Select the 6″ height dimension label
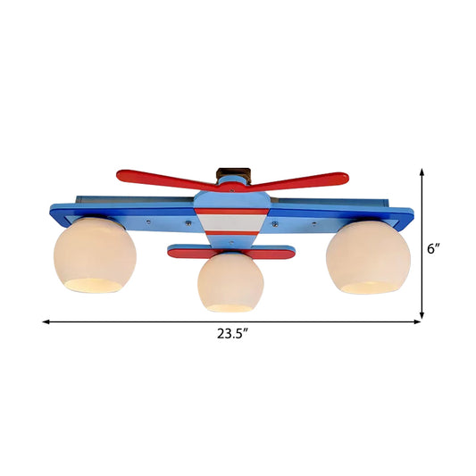point(434,249)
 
